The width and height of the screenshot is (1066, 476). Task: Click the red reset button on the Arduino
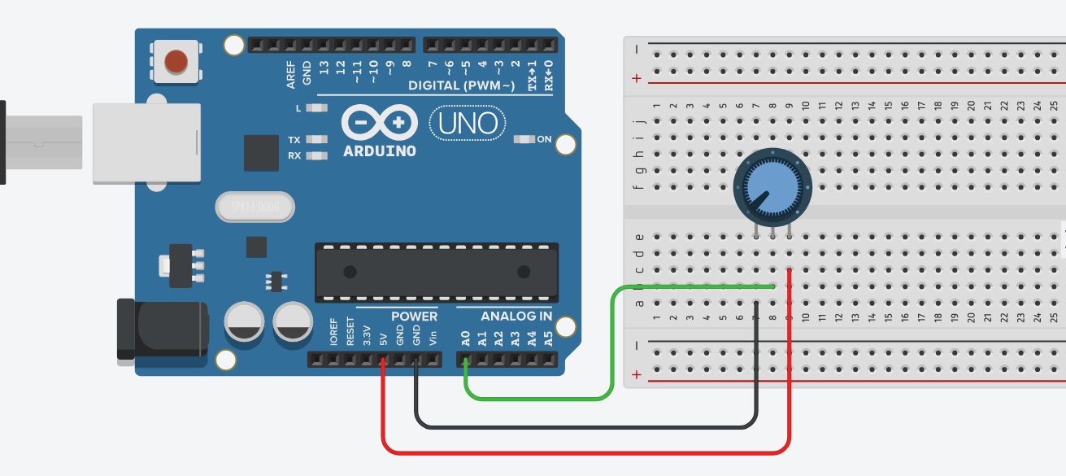coord(176,61)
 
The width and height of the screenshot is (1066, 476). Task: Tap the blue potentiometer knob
coord(772,185)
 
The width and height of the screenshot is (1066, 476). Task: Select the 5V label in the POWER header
coord(383,337)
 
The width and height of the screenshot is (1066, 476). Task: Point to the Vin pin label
coord(433,336)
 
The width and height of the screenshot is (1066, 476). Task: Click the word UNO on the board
coord(468,124)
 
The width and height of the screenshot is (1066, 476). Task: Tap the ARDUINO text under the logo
coord(380,151)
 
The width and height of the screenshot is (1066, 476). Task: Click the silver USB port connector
coord(146,142)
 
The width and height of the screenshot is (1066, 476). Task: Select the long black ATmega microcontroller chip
coord(437,271)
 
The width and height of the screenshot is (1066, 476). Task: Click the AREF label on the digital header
coord(290,74)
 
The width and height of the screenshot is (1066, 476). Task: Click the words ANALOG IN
coord(516,317)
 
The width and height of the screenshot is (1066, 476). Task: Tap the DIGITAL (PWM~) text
coord(461,85)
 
